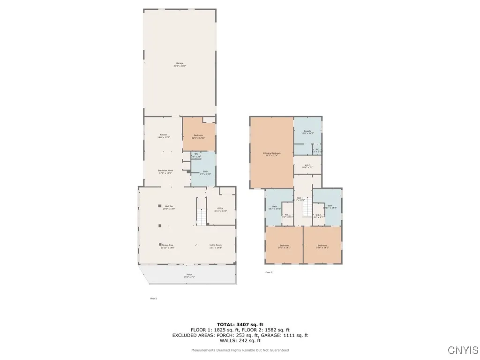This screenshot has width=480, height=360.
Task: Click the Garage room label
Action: point(180,63)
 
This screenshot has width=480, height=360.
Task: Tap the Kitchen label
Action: point(163,135)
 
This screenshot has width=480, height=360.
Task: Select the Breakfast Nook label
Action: point(165,171)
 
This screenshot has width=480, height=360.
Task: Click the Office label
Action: point(220,209)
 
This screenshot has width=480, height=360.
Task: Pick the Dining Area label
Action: point(168,245)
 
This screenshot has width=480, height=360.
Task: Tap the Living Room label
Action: point(216,245)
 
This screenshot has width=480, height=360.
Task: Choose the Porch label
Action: point(189,275)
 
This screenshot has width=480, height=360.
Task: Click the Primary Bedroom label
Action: point(272,154)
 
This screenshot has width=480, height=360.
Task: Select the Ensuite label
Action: point(307,132)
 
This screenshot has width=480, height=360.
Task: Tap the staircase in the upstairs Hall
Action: point(307,210)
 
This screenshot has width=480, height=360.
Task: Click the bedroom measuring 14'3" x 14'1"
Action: point(285,246)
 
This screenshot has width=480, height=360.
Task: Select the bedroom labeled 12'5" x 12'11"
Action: point(199,135)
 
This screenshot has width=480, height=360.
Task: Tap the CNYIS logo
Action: point(463,350)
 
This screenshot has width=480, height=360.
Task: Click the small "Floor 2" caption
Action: point(269,272)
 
